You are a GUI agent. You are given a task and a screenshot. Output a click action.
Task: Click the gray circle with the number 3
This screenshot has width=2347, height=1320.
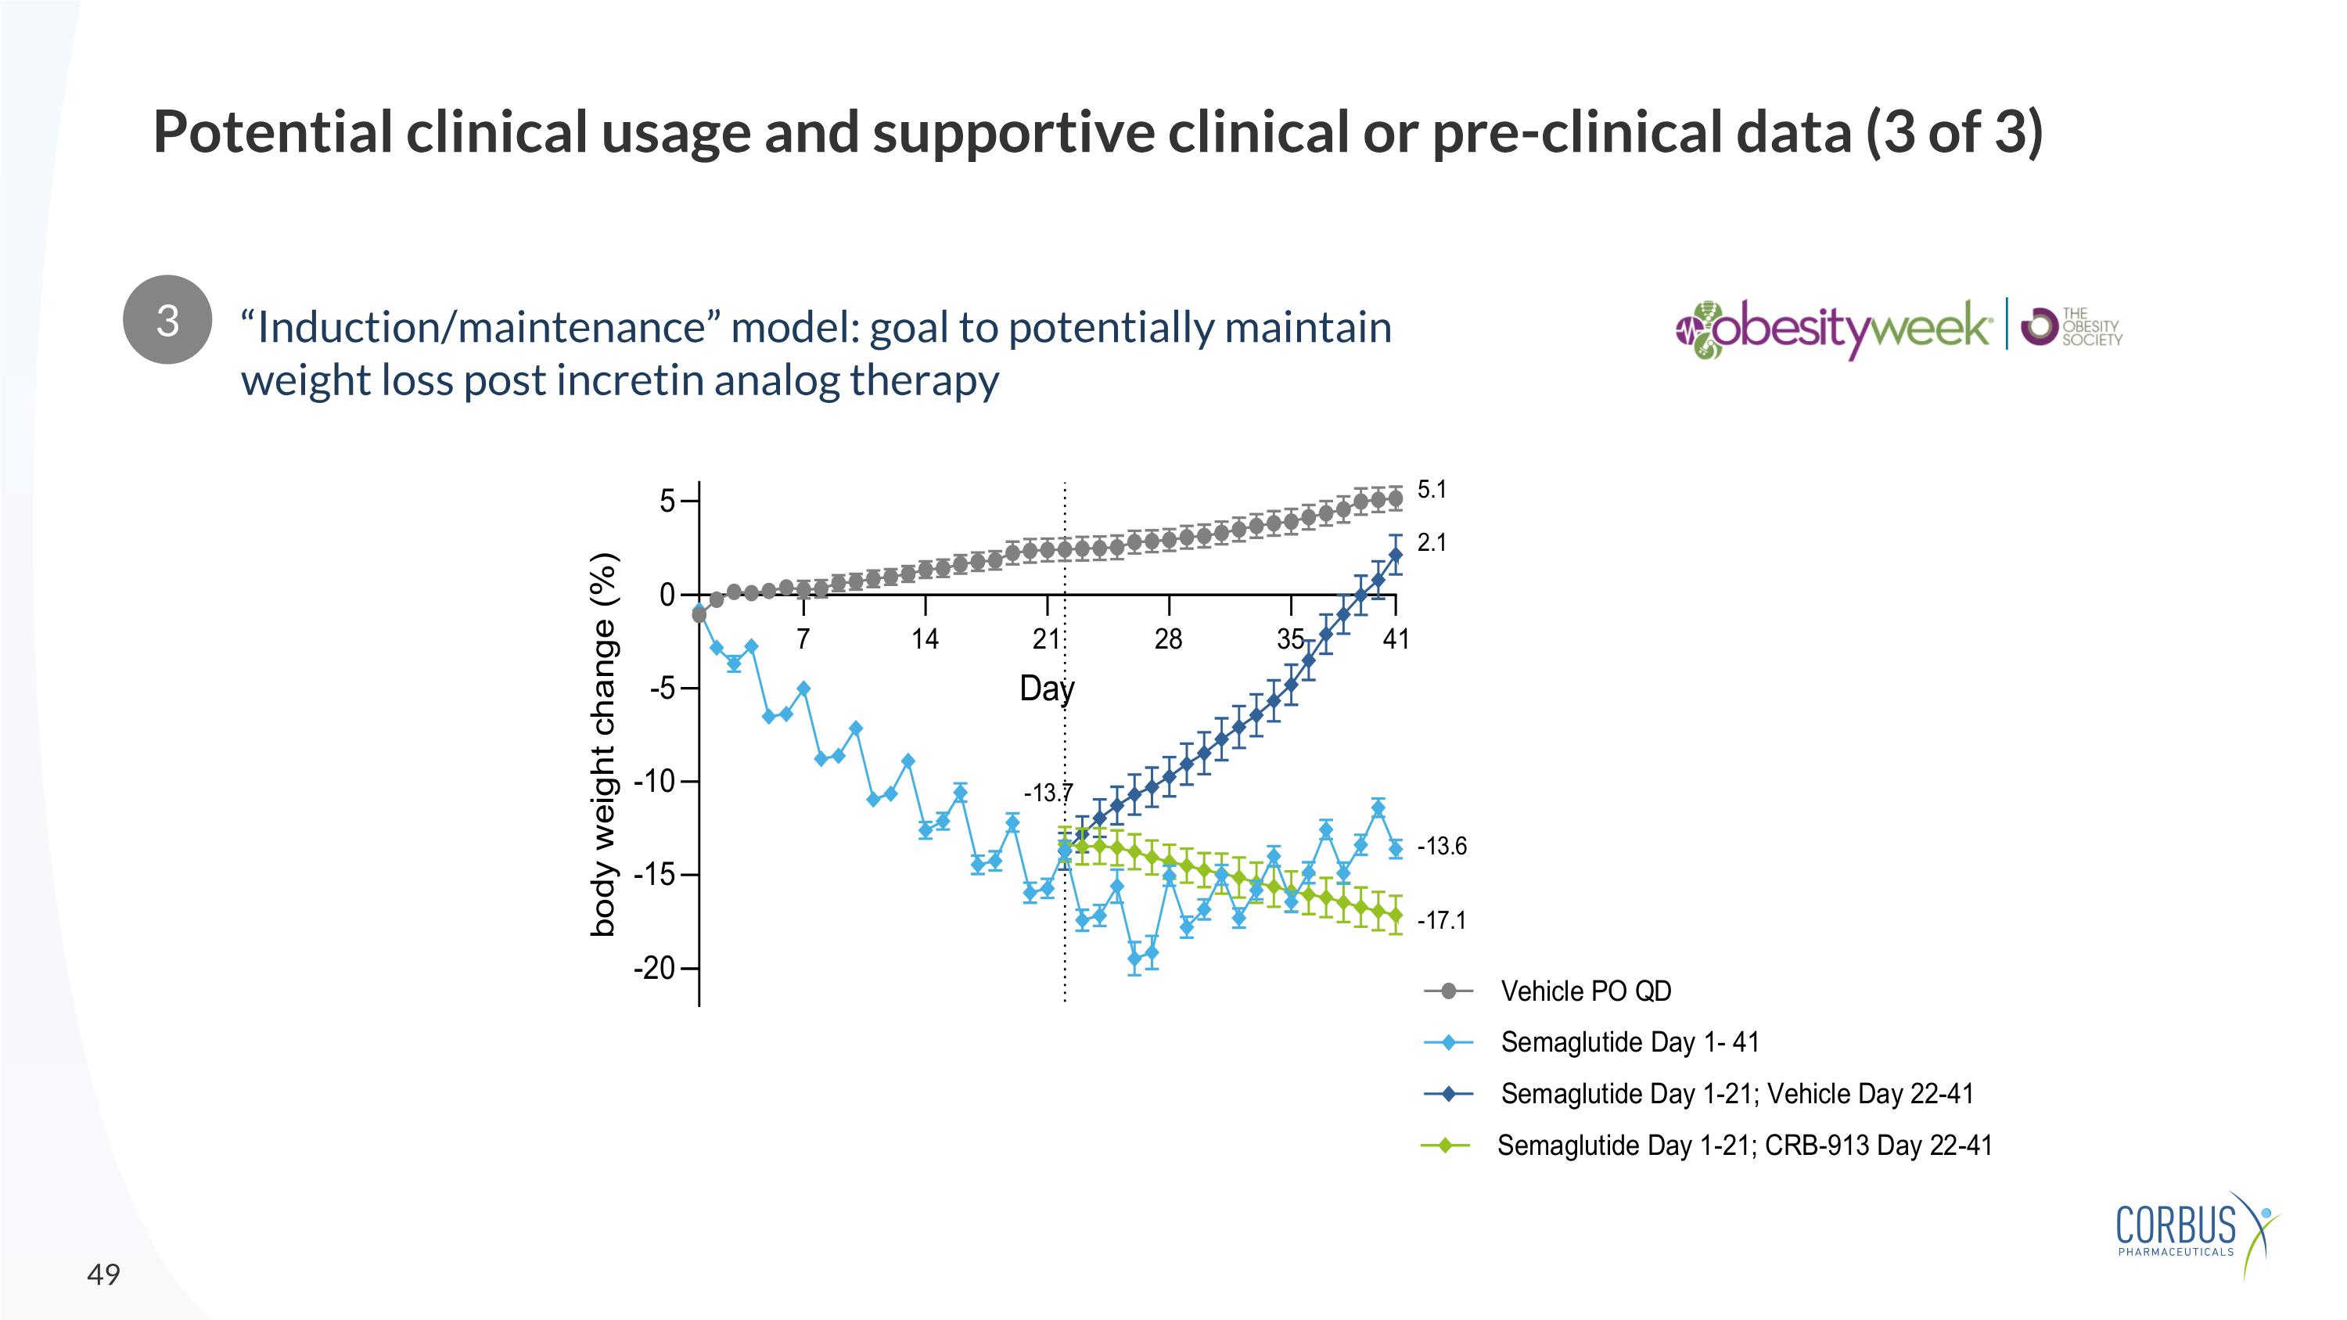pos(167,320)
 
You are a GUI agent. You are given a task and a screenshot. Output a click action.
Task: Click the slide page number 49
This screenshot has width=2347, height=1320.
pos(103,1275)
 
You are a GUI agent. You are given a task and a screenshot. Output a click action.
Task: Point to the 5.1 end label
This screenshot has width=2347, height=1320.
pos(1432,489)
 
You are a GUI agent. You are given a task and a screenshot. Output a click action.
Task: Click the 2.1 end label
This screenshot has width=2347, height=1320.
pos(1432,542)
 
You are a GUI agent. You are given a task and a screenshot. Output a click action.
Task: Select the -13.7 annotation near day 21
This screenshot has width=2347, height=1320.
pos(1048,793)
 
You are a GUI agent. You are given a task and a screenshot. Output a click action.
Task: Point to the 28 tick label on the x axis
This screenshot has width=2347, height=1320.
pos(1168,638)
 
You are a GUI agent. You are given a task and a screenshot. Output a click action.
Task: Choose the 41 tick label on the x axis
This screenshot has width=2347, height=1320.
pos(1396,638)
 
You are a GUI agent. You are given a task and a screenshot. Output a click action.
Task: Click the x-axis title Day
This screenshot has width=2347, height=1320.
pos(1047,688)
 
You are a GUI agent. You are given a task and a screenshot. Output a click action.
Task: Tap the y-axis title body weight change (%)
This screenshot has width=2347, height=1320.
pos(603,743)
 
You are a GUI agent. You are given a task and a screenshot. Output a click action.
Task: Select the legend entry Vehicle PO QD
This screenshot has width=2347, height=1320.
pos(1585,991)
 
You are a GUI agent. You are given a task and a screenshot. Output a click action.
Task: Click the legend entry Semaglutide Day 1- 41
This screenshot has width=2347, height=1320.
pos(1629,1041)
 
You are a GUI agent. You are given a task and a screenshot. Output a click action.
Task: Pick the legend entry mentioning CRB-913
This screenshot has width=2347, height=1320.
pos(1744,1145)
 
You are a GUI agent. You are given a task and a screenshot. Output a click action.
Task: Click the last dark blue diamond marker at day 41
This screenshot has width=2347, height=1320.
pos(1395,554)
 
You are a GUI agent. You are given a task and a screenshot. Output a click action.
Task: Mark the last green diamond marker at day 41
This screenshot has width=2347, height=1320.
pos(1395,915)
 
